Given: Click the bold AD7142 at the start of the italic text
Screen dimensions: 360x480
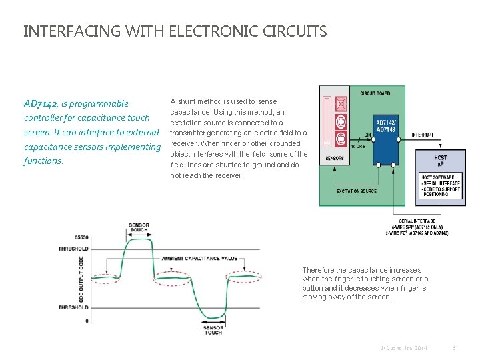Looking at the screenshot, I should [x=40, y=103].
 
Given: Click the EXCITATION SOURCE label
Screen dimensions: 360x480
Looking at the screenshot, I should [x=357, y=191].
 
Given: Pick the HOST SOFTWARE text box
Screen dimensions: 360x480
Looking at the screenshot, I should [x=439, y=184].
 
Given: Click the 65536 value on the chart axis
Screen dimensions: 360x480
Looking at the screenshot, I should [x=81, y=237].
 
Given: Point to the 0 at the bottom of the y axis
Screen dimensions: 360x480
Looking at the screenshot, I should [x=87, y=321].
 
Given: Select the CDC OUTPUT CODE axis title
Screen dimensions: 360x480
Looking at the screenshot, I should [x=81, y=280].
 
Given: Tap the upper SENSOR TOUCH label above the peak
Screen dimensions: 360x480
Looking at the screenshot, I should [x=139, y=228].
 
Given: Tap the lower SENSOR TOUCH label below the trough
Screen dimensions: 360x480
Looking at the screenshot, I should [x=213, y=329].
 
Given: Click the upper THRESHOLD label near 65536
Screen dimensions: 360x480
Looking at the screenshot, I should [x=74, y=249].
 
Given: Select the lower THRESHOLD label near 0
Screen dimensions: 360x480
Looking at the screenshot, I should [x=74, y=308].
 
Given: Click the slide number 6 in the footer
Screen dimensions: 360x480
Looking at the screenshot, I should [x=453, y=348].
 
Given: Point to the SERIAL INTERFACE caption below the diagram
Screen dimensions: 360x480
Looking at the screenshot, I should [x=417, y=221].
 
